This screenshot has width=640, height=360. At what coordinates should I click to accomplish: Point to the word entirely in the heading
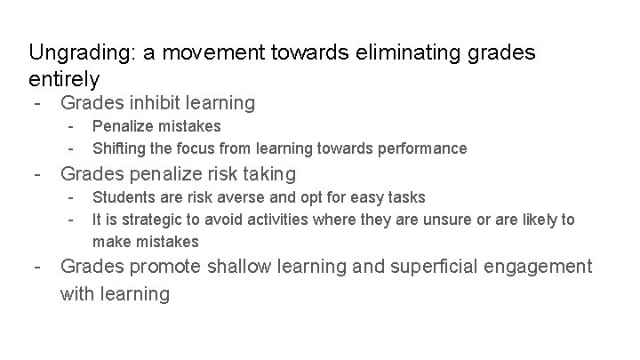[64, 78]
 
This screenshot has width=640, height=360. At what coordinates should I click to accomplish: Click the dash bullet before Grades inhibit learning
[36, 103]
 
